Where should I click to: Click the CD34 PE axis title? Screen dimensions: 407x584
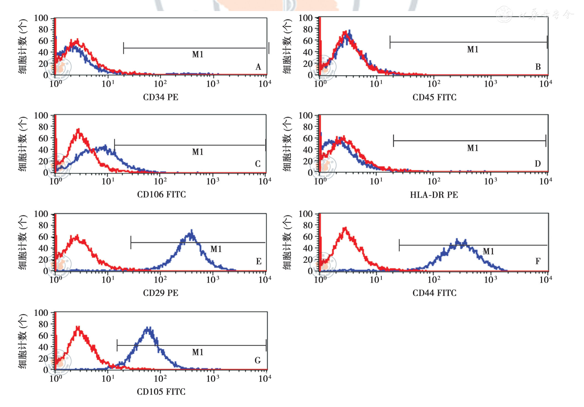[160, 97]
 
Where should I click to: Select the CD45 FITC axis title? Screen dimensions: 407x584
[434, 97]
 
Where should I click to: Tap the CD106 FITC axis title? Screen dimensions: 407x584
[161, 194]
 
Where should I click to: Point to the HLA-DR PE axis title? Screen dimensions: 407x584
[434, 195]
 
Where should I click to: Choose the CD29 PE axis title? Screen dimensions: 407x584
[160, 293]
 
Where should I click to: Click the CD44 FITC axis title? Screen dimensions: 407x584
[434, 293]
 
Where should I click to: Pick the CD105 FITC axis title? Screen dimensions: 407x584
[161, 392]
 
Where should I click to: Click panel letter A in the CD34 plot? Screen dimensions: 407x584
[258, 67]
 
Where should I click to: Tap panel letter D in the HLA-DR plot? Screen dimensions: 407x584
[538, 164]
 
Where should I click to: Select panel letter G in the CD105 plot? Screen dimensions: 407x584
[258, 360]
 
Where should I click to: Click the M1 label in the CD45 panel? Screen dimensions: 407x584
[473, 49]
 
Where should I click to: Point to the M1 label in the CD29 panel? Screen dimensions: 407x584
[216, 249]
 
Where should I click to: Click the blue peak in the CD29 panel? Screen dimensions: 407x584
[191, 232]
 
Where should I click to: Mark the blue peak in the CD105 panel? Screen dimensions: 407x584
[148, 329]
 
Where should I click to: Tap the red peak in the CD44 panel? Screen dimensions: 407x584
[345, 229]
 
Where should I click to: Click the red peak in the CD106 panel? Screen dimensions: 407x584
[79, 130]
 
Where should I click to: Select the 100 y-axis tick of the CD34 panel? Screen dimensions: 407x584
[41, 18]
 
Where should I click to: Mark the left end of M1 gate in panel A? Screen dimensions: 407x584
[124, 48]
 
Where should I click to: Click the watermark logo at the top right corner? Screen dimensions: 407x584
[504, 14]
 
